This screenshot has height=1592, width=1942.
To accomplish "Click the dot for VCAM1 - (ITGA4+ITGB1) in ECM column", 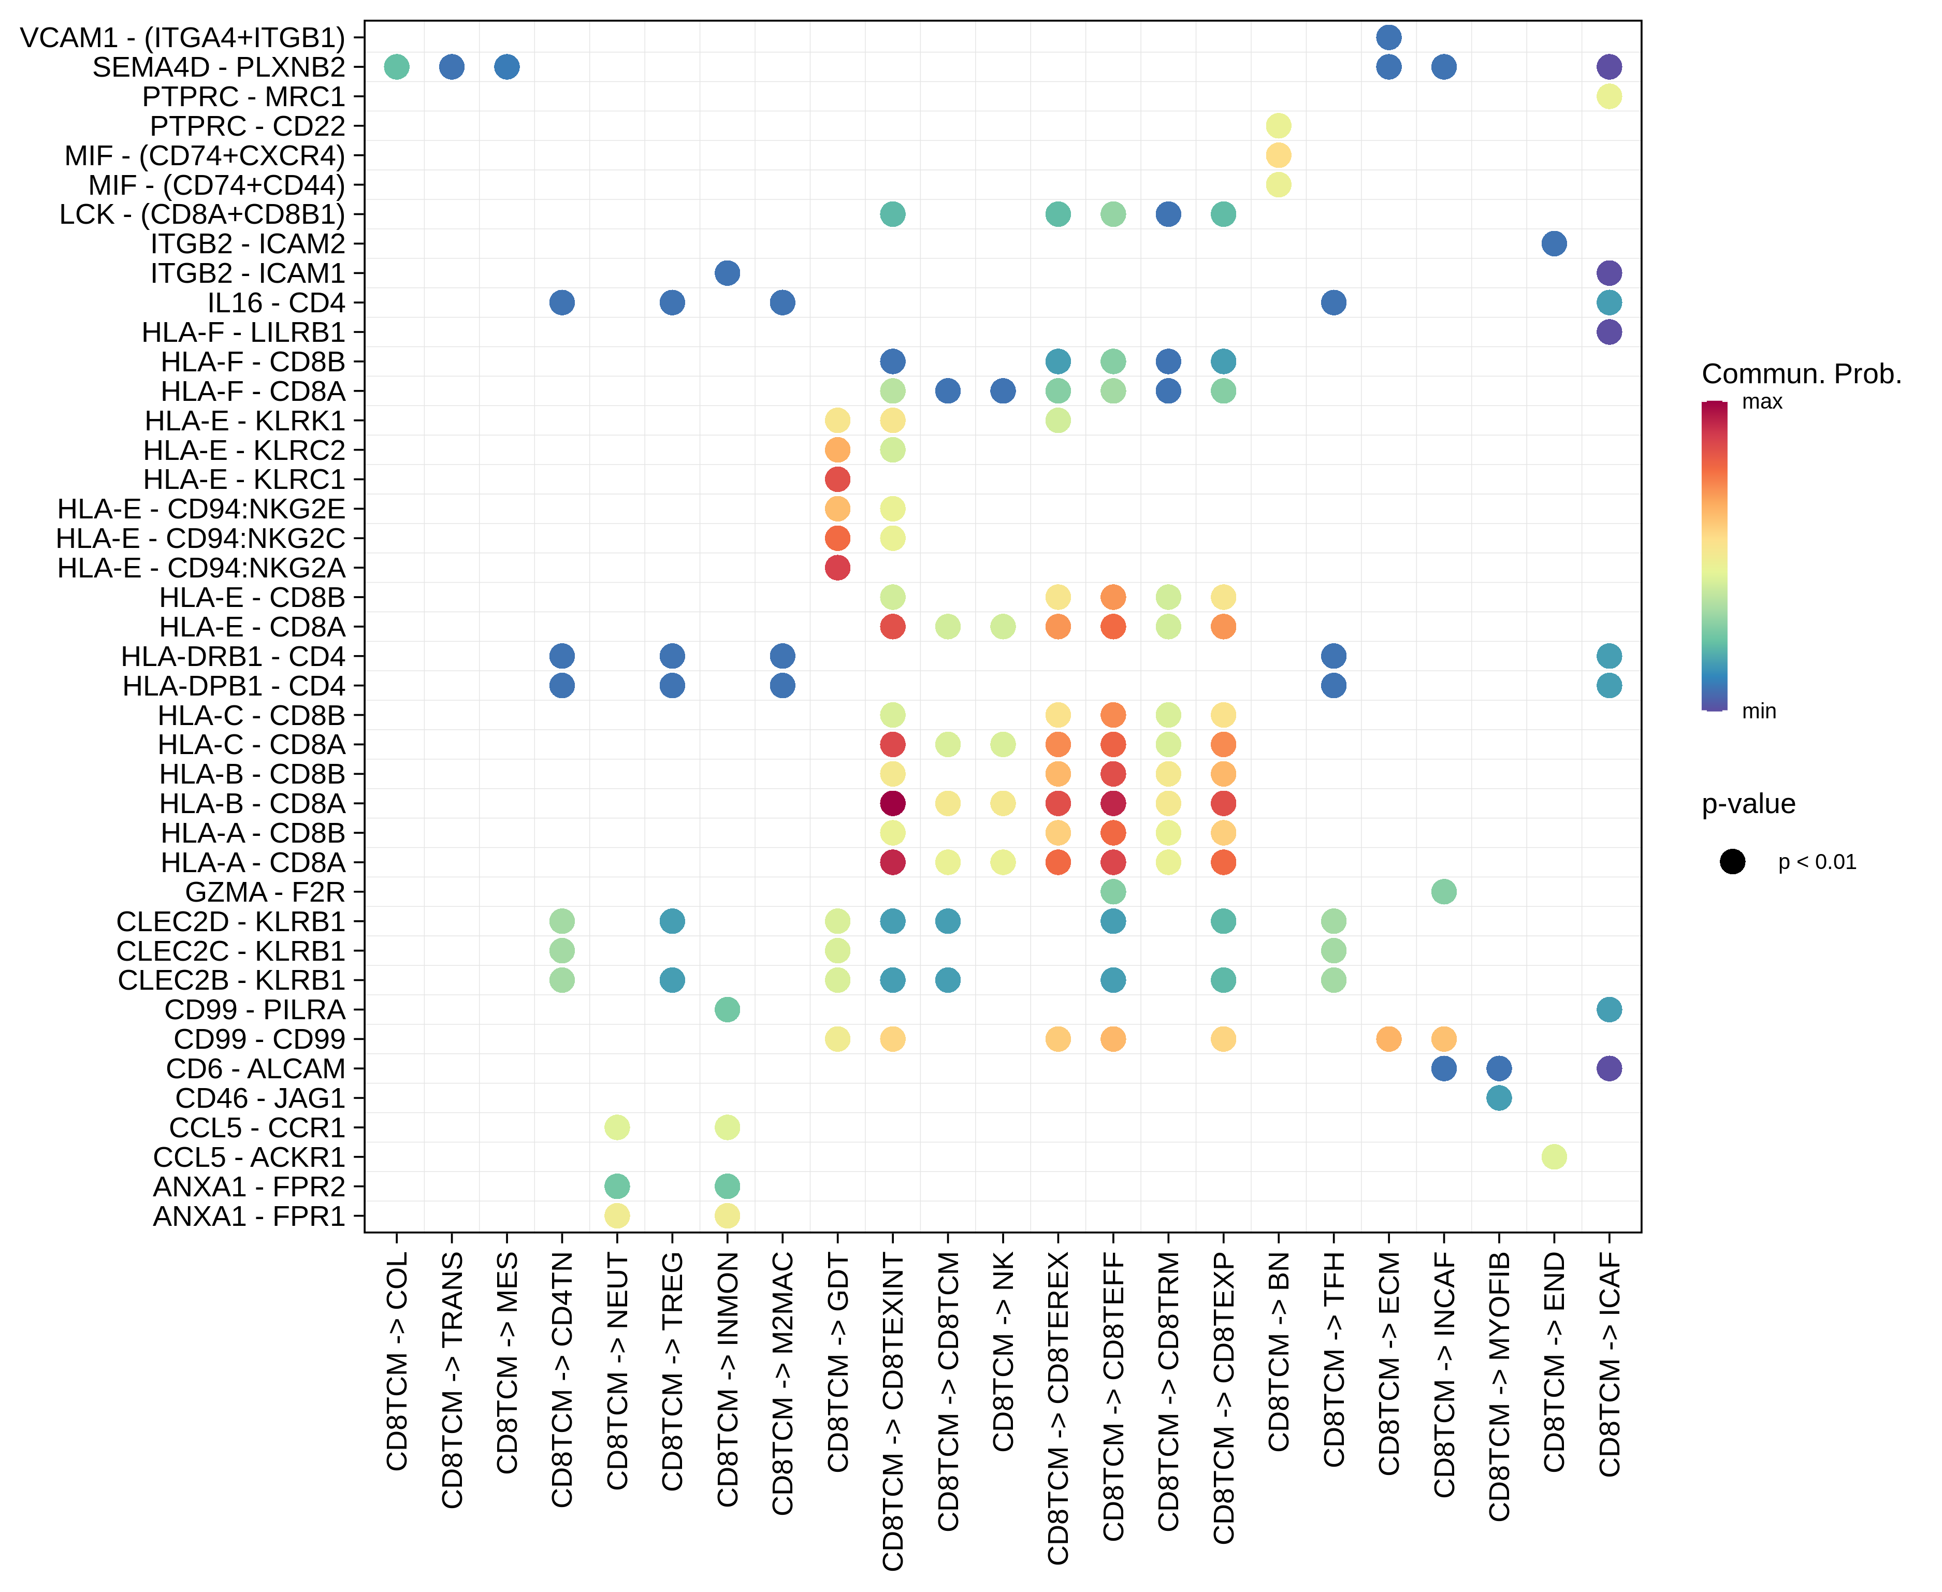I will pyautogui.click(x=1388, y=38).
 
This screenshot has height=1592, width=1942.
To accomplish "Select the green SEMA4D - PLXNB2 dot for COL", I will pyautogui.click(x=396, y=67).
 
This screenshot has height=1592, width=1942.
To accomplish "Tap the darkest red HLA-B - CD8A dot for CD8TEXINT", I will pyautogui.click(x=892, y=803).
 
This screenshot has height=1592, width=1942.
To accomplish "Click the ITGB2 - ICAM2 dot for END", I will pyautogui.click(x=1553, y=244).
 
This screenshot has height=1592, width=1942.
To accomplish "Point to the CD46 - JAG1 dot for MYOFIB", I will pyautogui.click(x=1498, y=1098).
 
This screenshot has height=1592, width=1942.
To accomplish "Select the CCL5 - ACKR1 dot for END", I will pyautogui.click(x=1553, y=1156).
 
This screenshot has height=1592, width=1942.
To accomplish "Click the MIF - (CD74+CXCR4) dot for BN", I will pyautogui.click(x=1278, y=155).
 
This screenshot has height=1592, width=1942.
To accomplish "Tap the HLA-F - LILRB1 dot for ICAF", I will pyautogui.click(x=1608, y=332).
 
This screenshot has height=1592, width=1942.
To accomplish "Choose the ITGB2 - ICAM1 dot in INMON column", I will pyautogui.click(x=727, y=273).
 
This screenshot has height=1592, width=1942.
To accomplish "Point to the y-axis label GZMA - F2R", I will pyautogui.click(x=265, y=891).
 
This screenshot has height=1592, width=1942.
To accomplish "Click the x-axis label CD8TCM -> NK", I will pyautogui.click(x=1003, y=1353).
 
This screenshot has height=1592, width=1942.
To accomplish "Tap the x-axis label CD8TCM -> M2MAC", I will pyautogui.click(x=782, y=1385).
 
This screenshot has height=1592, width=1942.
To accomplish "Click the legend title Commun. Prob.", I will pyautogui.click(x=1801, y=374).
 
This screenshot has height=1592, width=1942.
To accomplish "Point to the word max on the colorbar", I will pyautogui.click(x=1761, y=402).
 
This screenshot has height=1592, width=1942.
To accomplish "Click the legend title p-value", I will pyautogui.click(x=1748, y=804).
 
